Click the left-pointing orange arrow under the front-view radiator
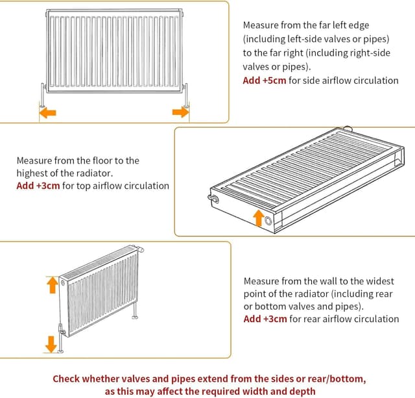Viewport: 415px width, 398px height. [x=47, y=113]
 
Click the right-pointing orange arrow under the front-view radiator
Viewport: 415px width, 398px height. [x=180, y=113]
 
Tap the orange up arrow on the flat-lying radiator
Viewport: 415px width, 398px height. [x=259, y=218]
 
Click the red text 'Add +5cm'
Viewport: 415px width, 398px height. [x=261, y=81]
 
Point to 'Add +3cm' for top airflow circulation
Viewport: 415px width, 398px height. [x=38, y=186]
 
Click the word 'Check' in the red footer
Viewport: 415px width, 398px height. [x=67, y=379]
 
